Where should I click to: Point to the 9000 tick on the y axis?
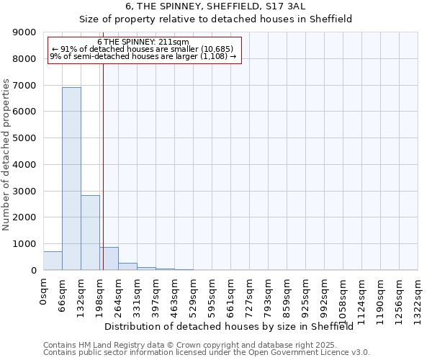[24, 32]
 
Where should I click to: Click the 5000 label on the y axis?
[24, 138]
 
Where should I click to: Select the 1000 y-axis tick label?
[24, 244]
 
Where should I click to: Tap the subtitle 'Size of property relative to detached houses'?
[215, 19]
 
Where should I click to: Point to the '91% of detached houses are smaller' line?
[143, 49]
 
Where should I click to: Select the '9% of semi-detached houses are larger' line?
[143, 56]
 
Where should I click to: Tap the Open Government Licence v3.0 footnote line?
[206, 353]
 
